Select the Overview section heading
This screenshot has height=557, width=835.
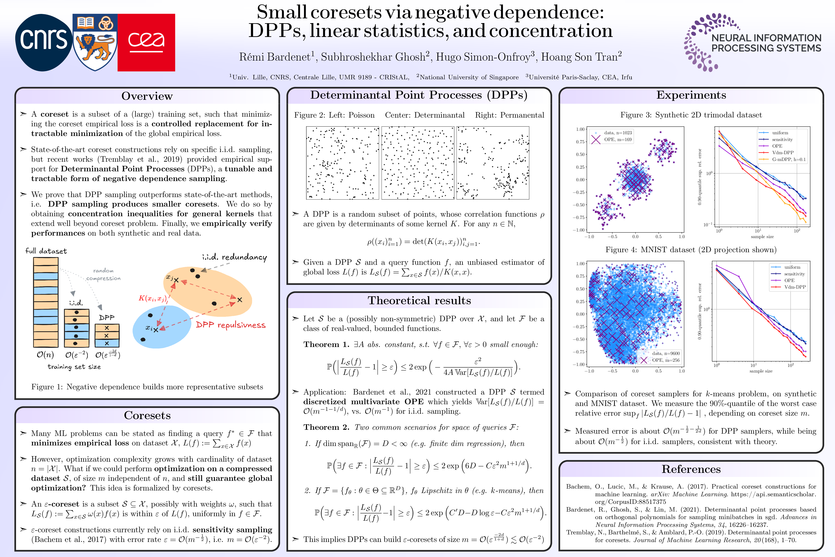coord(147,96)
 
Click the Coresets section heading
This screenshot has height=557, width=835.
coord(147,415)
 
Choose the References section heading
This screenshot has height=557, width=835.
coord(691,469)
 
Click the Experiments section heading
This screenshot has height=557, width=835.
coord(691,95)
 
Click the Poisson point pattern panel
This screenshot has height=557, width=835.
coord(343,163)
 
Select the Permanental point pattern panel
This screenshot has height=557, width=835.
coord(493,163)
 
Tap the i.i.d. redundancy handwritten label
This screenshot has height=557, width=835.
coord(234,257)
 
